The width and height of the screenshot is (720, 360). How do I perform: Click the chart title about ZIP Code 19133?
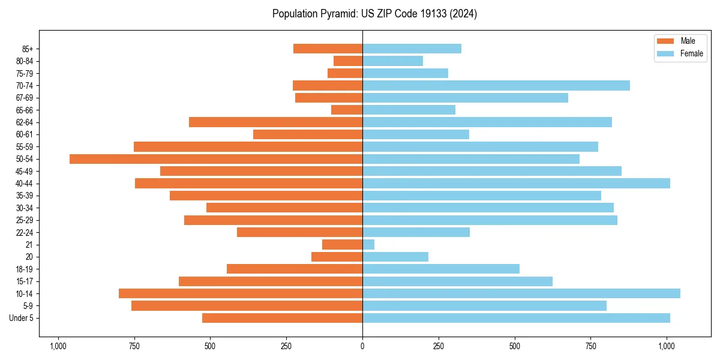click(x=374, y=14)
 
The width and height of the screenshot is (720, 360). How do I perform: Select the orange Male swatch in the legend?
click(x=665, y=41)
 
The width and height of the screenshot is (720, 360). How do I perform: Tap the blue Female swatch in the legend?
click(x=665, y=53)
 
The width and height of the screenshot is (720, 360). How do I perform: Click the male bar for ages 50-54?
click(x=216, y=159)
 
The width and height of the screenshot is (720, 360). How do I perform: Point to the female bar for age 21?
click(x=368, y=244)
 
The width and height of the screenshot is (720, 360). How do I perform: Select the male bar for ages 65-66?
click(x=347, y=110)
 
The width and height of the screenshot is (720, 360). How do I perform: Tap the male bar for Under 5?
click(x=282, y=318)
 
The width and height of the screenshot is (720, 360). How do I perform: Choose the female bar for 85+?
click(x=412, y=49)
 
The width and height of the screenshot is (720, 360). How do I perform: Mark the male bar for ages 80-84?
click(x=348, y=61)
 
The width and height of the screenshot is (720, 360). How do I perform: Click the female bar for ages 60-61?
click(x=415, y=134)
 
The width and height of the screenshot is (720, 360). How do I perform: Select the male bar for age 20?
click(x=337, y=257)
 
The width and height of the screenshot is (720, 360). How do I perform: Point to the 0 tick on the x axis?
click(x=362, y=346)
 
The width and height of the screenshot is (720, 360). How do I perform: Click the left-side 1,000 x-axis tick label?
click(x=58, y=346)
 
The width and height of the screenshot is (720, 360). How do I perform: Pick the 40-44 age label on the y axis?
click(x=25, y=184)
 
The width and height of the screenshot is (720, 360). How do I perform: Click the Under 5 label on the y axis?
click(x=22, y=318)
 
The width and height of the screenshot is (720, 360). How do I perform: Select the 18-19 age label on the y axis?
click(x=25, y=269)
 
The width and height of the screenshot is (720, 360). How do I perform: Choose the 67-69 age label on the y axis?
click(x=25, y=98)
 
